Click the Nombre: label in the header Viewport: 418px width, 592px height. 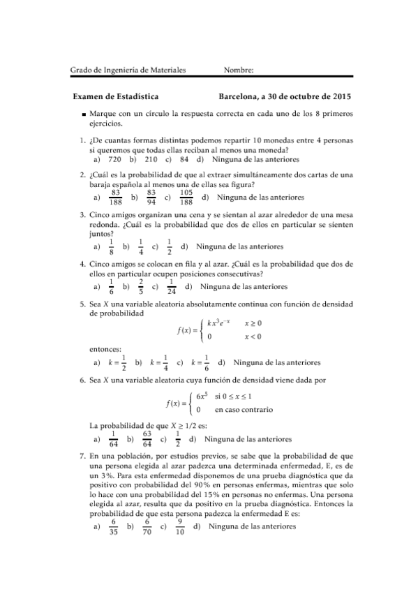click(239, 70)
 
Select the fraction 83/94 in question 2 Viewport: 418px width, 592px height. click(151, 198)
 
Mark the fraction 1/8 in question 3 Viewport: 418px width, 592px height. click(112, 246)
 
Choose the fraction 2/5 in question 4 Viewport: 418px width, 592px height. click(142, 286)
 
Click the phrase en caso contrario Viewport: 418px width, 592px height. click(244, 410)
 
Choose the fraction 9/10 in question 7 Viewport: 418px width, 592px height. click(180, 526)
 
